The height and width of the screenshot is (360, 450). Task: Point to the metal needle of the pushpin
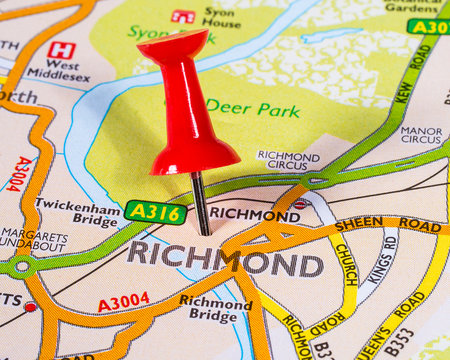pos(201,203)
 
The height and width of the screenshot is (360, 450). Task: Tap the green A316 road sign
pos(155,211)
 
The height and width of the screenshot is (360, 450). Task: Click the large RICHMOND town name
pos(225,258)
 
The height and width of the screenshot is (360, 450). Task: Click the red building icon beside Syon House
pos(183,16)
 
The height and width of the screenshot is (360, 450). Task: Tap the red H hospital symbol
pos(61,50)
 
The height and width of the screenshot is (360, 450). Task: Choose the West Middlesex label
pos(58,70)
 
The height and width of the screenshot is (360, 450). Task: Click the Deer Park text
pos(252,106)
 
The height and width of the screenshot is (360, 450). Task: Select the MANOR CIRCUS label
pos(421,134)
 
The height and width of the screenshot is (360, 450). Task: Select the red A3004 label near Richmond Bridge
pos(123,302)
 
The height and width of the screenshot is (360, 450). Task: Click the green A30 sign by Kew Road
pos(428,26)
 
